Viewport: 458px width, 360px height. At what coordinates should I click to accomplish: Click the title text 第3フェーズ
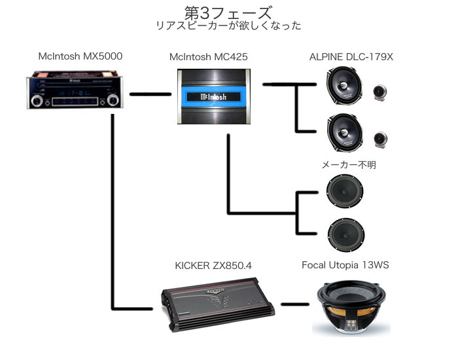pos(228,12)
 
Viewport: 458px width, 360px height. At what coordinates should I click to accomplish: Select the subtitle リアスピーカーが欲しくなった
pos(228,26)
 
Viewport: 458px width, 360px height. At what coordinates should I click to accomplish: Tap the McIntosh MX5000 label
pos(80,56)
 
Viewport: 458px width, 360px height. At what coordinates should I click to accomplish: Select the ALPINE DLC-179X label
pos(351,57)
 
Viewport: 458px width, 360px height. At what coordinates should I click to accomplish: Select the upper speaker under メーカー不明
pos(344,191)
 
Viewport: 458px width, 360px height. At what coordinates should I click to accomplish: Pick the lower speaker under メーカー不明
pos(344,234)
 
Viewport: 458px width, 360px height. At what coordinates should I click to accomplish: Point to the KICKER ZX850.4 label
pos(213,265)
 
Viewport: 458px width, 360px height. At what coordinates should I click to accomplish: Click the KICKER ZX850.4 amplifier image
pos(215,302)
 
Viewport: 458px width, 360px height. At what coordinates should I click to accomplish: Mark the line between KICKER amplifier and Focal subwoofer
pos(295,304)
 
